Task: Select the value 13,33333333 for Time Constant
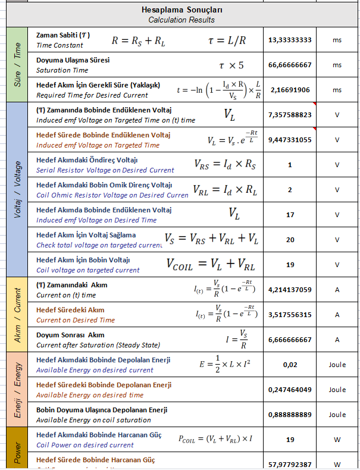[290, 40]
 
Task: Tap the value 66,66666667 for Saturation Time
[290, 65]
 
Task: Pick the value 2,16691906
[290, 90]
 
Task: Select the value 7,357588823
[290, 115]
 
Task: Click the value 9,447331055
[290, 140]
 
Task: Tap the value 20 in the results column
[290, 239]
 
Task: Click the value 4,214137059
[290, 290]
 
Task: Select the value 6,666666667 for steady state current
[290, 340]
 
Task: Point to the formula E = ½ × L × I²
[224, 364]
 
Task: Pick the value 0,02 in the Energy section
[290, 365]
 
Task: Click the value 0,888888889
[290, 415]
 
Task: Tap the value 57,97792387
[290, 464]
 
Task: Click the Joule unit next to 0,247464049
[337, 390]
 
